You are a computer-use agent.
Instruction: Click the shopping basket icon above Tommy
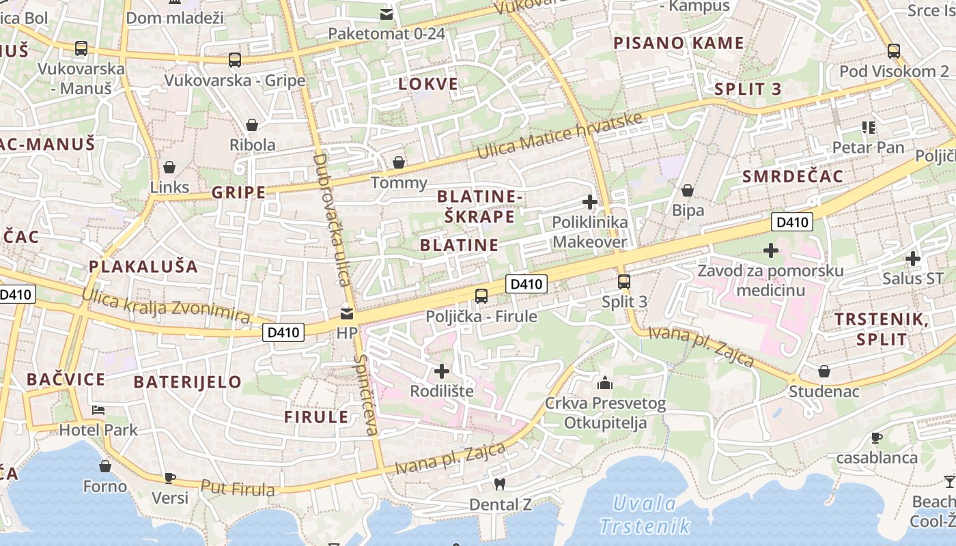[x=399, y=162]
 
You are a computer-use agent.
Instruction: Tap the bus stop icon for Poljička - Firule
[x=481, y=296]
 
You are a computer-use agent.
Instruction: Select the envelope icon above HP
[x=347, y=314]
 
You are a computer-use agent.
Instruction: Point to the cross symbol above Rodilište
[x=442, y=371]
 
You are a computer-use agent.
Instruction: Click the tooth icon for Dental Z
[x=499, y=484]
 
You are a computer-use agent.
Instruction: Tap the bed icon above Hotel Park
[x=98, y=410]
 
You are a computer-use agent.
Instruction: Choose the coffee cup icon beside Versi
[x=170, y=478]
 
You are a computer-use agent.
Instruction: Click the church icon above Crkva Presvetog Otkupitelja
[x=605, y=383]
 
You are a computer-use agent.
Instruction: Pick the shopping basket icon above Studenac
[x=824, y=371]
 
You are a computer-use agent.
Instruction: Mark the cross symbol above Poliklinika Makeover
[x=589, y=202]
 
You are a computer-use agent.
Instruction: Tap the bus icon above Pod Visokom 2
[x=893, y=51]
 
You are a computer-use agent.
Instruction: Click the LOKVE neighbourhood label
[x=429, y=84]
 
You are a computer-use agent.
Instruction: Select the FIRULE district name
[x=316, y=417]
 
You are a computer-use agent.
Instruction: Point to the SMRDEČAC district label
[x=793, y=176]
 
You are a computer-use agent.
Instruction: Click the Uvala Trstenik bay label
[x=645, y=515]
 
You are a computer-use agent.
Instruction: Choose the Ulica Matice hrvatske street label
[x=560, y=136]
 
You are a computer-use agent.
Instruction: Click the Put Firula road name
[x=238, y=488]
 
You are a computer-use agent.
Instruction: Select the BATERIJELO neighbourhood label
[x=188, y=382]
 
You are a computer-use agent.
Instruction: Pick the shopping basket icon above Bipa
[x=688, y=190]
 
